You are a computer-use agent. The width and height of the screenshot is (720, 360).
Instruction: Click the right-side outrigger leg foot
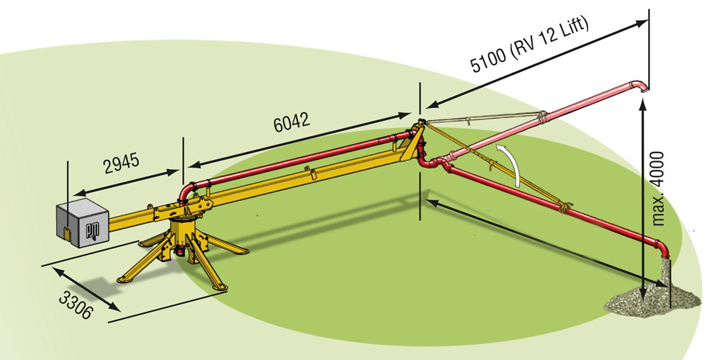[241, 251]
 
